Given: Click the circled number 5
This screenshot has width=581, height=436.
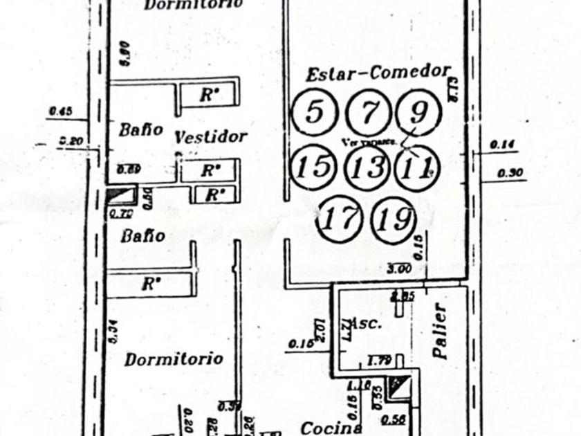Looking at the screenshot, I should [314, 112].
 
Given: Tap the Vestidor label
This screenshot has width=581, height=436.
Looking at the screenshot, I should [210, 136].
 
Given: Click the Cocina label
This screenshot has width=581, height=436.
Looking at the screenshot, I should [331, 428].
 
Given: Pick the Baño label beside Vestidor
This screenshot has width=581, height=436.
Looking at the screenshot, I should [140, 129].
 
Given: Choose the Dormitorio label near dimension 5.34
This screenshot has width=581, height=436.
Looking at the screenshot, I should [174, 358].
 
